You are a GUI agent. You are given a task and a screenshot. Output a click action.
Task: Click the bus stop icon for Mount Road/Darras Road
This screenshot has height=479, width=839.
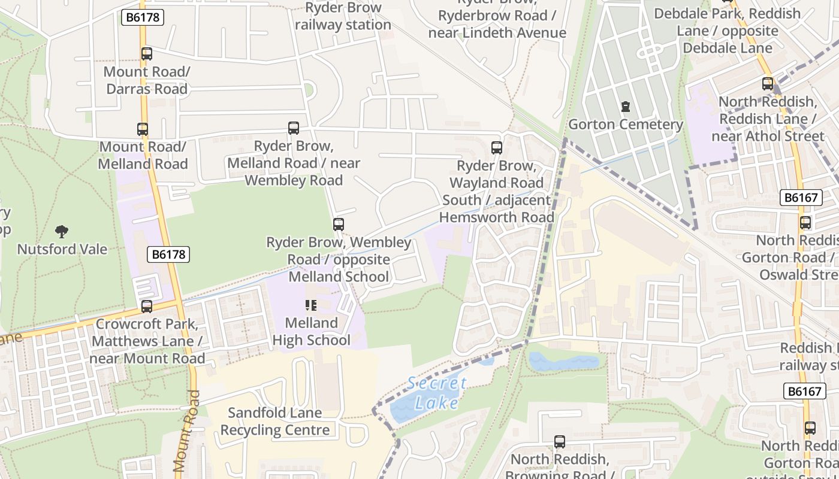147,54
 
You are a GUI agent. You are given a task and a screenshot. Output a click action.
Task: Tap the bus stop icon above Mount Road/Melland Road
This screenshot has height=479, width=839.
142,129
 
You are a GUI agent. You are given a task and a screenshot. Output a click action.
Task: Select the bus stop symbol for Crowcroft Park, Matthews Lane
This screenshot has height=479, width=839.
147,307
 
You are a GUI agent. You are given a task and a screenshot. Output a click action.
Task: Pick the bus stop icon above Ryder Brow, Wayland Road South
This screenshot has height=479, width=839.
496,148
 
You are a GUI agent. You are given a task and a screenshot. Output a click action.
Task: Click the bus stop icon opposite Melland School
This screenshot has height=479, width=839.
339,225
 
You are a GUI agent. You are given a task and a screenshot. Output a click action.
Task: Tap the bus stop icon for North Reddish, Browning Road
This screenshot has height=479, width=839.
559,442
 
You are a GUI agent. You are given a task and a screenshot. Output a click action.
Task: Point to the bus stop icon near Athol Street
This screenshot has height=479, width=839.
768,84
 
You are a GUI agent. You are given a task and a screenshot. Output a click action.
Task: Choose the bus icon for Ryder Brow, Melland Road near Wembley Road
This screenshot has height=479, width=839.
293,128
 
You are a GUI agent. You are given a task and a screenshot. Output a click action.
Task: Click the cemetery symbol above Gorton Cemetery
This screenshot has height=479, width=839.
626,107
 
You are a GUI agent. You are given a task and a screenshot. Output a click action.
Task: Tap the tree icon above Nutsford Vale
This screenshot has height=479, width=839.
62,232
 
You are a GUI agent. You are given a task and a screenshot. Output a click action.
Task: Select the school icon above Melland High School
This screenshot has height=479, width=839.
310,305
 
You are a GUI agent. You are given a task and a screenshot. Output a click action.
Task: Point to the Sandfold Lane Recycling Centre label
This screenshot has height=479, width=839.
275,422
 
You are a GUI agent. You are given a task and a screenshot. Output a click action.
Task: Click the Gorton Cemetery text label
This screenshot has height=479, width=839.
626,125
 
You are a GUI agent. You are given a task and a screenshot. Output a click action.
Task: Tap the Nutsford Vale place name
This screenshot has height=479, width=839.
62,249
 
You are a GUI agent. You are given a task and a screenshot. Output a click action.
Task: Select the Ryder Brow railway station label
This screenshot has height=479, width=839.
343,16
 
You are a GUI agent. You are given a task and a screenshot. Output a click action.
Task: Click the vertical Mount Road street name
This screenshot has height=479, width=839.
187,431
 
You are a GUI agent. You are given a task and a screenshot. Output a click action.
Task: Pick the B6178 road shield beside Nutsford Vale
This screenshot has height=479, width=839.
168,254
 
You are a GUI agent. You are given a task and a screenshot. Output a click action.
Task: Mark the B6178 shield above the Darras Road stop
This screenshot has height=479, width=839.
143,17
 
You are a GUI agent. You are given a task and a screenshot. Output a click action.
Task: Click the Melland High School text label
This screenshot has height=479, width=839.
311,332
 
